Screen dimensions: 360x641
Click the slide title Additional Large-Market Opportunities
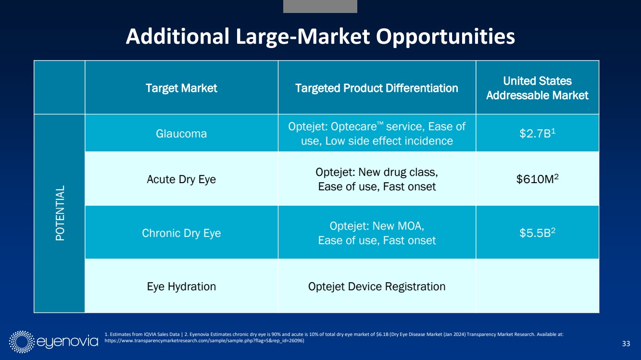click(320, 37)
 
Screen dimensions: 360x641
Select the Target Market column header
click(181, 88)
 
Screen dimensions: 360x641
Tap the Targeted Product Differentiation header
click(377, 88)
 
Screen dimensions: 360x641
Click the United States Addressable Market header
click(537, 88)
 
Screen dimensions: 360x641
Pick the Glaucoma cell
click(181, 134)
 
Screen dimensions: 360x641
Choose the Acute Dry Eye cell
click(181, 179)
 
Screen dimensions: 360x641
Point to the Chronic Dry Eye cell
click(181, 233)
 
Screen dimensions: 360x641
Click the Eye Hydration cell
click(181, 286)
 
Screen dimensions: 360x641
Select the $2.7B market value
click(537, 134)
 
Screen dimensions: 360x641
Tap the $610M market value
click(537, 179)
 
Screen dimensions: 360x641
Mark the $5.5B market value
click(537, 233)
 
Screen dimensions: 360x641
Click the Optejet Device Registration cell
click(377, 286)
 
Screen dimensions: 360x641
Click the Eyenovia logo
click(53, 341)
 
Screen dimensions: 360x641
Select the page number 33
click(626, 343)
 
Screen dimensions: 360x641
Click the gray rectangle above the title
click(320, 6)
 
